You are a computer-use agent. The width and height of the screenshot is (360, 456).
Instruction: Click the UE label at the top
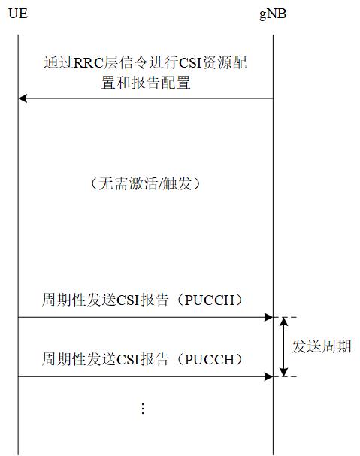tap(18, 14)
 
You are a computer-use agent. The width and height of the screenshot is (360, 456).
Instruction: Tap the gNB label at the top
tap(272, 14)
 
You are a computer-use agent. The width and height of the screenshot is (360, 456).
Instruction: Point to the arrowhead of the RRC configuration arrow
tap(23, 98)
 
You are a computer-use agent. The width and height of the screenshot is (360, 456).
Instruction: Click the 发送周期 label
tap(321, 347)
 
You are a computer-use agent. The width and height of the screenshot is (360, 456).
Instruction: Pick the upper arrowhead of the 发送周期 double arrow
tap(283, 322)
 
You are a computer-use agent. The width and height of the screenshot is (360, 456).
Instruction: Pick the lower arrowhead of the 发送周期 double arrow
tap(283, 372)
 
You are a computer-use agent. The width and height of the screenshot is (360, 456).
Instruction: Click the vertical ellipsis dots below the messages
tap(143, 409)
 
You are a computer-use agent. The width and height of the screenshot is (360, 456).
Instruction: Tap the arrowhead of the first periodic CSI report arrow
tap(268, 318)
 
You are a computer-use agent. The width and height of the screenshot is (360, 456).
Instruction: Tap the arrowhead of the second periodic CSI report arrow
tap(268, 376)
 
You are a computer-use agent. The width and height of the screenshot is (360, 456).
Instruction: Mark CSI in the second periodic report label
tap(129, 358)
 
